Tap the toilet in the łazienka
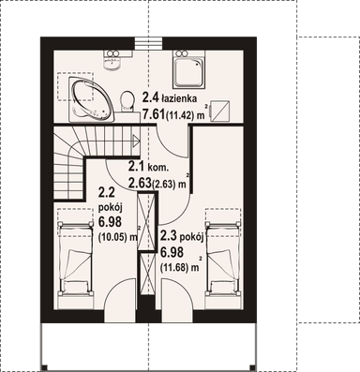[127, 102]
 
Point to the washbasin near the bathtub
[112, 61]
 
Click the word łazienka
[179, 98]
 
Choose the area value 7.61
[154, 114]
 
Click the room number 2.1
[136, 167]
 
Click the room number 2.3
[169, 237]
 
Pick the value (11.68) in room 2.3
[175, 267]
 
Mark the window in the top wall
[149, 43]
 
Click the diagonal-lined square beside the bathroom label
[220, 111]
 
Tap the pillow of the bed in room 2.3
[223, 287]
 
